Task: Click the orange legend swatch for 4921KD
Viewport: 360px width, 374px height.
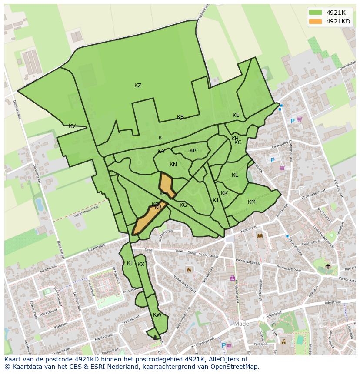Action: pos(316,21)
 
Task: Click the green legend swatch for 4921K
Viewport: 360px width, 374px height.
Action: pos(316,13)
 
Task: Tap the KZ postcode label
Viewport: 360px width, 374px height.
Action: pos(138,86)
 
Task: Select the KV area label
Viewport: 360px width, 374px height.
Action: pos(72,126)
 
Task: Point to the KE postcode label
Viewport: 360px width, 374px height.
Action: pos(236,115)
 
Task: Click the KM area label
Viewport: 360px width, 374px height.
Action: pos(252,202)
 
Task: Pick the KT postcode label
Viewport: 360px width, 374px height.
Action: pos(130,263)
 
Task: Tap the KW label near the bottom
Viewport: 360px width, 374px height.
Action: pos(157,315)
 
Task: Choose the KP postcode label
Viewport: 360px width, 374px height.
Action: pos(193,151)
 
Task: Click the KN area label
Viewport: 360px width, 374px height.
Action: pos(173,165)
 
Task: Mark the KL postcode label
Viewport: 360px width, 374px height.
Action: pos(235,175)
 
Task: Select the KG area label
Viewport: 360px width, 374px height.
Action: pos(183,205)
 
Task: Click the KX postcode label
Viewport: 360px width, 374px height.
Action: pos(141,265)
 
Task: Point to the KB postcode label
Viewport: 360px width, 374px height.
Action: pos(180,117)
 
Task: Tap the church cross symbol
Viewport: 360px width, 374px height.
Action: pos(328,266)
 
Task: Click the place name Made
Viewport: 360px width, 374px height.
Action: pos(242,324)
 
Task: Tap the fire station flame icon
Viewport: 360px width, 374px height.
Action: pos(189,270)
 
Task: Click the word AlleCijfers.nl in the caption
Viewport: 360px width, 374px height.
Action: pos(228,359)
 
